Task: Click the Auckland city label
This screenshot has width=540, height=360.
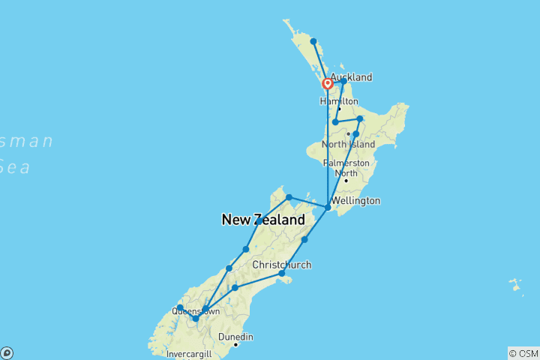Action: [351, 77]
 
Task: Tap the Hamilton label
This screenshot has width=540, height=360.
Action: [339, 101]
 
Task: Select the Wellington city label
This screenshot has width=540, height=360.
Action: [358, 201]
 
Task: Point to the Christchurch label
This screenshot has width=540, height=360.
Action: [281, 265]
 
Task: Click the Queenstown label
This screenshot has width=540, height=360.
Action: [196, 310]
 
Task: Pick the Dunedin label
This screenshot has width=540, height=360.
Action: [236, 337]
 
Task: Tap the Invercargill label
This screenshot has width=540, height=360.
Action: [189, 354]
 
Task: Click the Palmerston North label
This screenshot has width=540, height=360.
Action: [346, 168]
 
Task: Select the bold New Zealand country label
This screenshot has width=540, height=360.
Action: [263, 220]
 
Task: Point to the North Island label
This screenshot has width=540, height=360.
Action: [348, 144]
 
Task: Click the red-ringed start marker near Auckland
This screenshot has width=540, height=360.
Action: [328, 84]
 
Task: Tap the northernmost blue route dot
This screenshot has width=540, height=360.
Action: [313, 41]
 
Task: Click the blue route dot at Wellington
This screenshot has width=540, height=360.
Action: [328, 207]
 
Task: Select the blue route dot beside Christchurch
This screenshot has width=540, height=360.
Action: [282, 274]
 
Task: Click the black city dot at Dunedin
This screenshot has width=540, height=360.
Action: [235, 345]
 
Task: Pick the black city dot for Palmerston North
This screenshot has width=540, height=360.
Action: [346, 181]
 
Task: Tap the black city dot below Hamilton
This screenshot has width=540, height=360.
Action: [339, 109]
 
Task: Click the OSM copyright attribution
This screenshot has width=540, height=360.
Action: [523, 352]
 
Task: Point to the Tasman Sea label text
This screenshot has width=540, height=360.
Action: [27, 154]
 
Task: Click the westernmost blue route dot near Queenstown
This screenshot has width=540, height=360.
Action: [180, 307]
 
